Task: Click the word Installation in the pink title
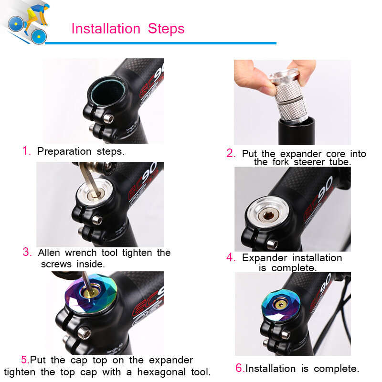coord(106,29)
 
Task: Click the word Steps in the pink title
coord(166,29)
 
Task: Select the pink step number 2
coord(231,153)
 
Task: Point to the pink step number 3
coord(27,252)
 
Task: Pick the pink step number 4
coord(231,257)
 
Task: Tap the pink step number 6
coord(240,368)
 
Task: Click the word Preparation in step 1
coord(64,151)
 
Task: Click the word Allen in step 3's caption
coord(49,253)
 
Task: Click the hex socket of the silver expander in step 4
coord(268,216)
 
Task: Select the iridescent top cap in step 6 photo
coord(281,305)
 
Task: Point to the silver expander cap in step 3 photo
coord(95,192)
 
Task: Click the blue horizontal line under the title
coord(160,43)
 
